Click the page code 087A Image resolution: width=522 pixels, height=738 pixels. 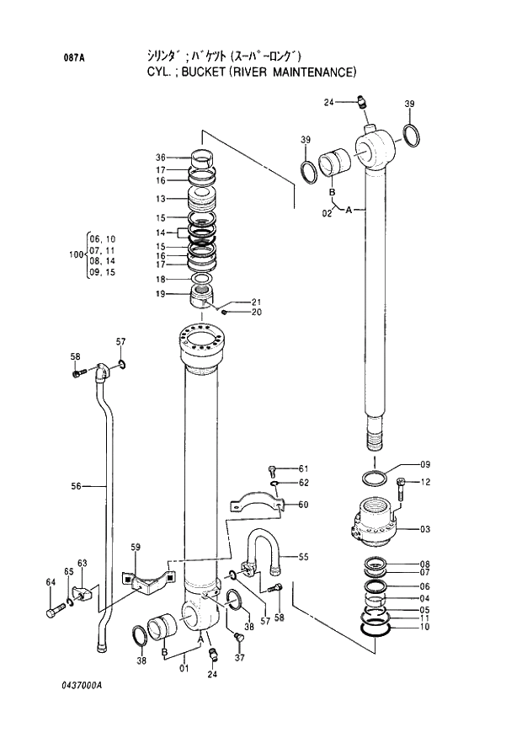coord(73,58)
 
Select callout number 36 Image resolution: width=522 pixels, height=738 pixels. coord(160,158)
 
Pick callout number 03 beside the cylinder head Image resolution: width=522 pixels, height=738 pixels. coord(424,529)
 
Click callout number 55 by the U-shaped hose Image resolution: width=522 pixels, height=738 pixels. coord(302,557)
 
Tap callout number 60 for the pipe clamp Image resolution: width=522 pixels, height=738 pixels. coord(303,505)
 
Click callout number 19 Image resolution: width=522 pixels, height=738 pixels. coord(160,294)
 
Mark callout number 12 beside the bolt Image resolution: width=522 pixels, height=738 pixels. coord(425,483)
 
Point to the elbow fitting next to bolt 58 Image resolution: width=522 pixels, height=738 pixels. coord(101,372)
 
